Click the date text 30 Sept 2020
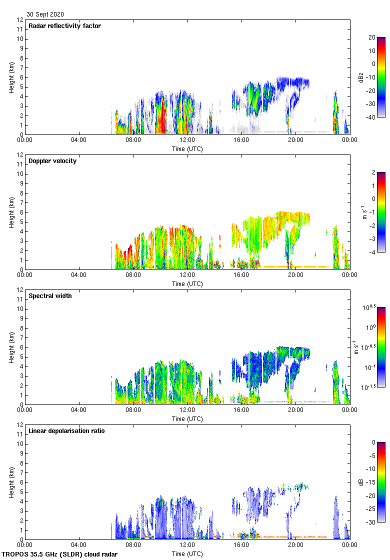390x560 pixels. click(45, 14)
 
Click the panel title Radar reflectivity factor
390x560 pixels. click(64, 26)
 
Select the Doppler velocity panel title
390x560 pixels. click(52, 161)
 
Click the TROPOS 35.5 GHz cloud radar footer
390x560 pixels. click(60, 554)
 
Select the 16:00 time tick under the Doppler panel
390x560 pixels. click(241, 275)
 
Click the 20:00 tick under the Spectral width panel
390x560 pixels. click(295, 410)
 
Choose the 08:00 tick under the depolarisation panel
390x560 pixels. click(133, 545)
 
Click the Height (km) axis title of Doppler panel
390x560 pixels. click(11, 212)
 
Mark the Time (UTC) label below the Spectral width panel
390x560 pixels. click(187, 419)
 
